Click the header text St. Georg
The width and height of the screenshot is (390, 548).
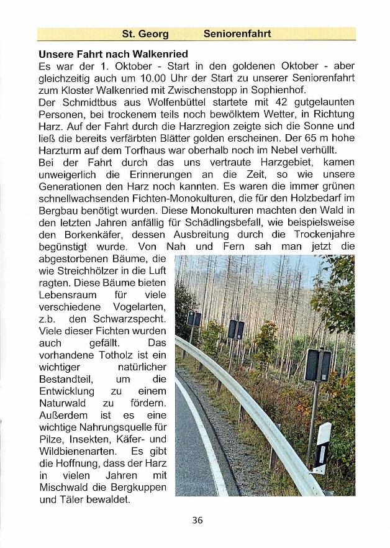click(x=145, y=34)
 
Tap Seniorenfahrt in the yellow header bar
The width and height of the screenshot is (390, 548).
click(x=237, y=34)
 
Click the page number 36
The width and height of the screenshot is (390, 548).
click(x=197, y=521)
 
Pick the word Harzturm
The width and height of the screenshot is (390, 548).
click(x=59, y=150)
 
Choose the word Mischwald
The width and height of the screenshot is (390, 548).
click(x=65, y=487)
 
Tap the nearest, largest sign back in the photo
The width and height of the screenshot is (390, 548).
click(x=317, y=365)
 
